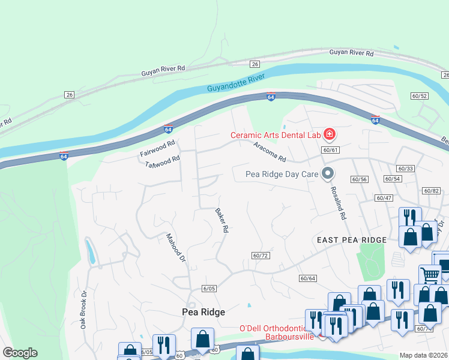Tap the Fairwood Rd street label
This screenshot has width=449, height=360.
point(157,149)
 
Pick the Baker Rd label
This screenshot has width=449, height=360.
point(222,220)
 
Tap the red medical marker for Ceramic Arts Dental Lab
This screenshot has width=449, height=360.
point(329,134)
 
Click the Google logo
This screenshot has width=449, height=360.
point(20,353)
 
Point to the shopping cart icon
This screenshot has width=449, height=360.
point(430,275)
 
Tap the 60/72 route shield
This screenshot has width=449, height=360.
point(260,256)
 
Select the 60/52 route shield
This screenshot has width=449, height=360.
point(419,96)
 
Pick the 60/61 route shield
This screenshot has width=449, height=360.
point(330,150)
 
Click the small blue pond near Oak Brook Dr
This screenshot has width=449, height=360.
point(91,251)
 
